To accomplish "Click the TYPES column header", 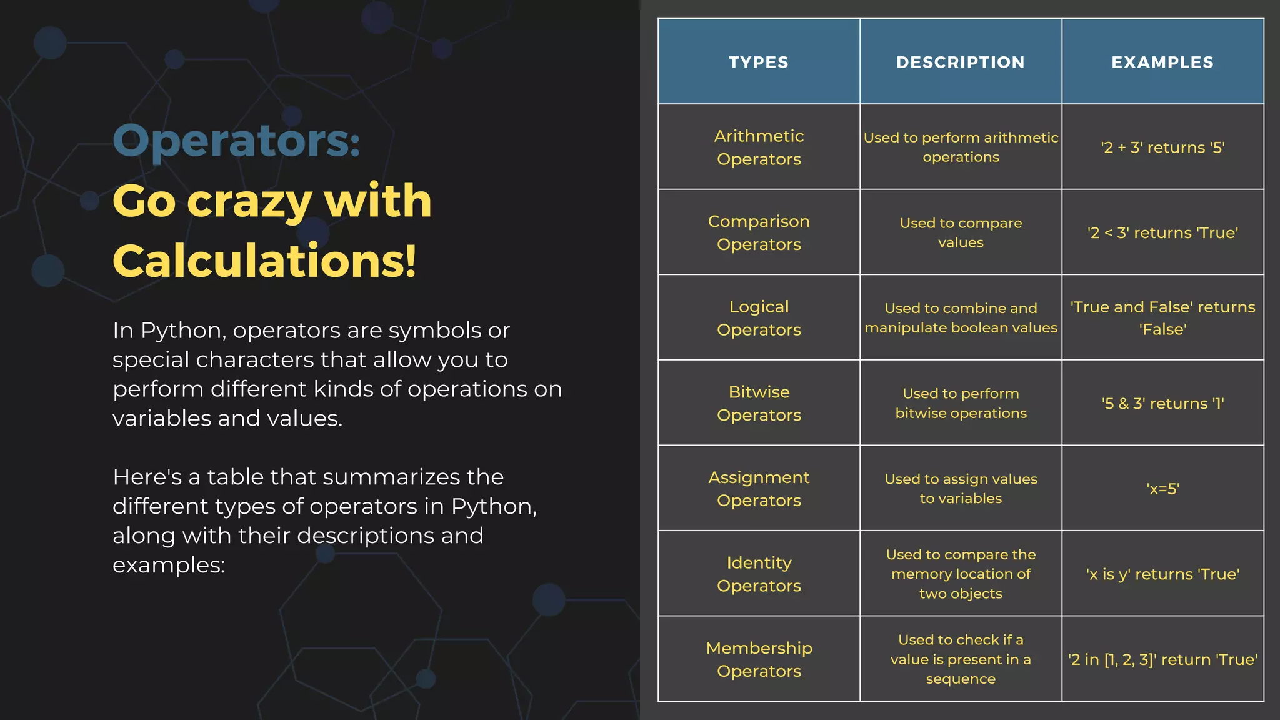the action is pos(759,62).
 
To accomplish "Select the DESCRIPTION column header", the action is pos(961,62).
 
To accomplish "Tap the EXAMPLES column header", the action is pos(1162,62).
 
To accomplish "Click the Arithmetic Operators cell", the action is pos(759,147).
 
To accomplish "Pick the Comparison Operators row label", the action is pos(759,232).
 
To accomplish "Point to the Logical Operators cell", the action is pos(759,318).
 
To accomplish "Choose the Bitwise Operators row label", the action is pos(759,403).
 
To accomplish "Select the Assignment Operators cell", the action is pos(759,489).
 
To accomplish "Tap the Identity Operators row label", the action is pos(759,574).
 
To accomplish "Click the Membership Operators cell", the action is pos(759,659).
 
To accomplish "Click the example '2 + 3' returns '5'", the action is pos(1162,147).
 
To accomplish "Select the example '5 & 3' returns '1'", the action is pos(1162,403).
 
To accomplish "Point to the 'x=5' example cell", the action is pos(1162,489).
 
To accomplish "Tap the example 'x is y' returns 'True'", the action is pos(1162,574).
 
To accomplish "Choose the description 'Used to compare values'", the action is pos(961,232).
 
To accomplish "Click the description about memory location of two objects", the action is pos(961,574).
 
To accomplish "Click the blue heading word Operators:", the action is pos(236,141).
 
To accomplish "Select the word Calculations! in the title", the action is pos(264,261).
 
